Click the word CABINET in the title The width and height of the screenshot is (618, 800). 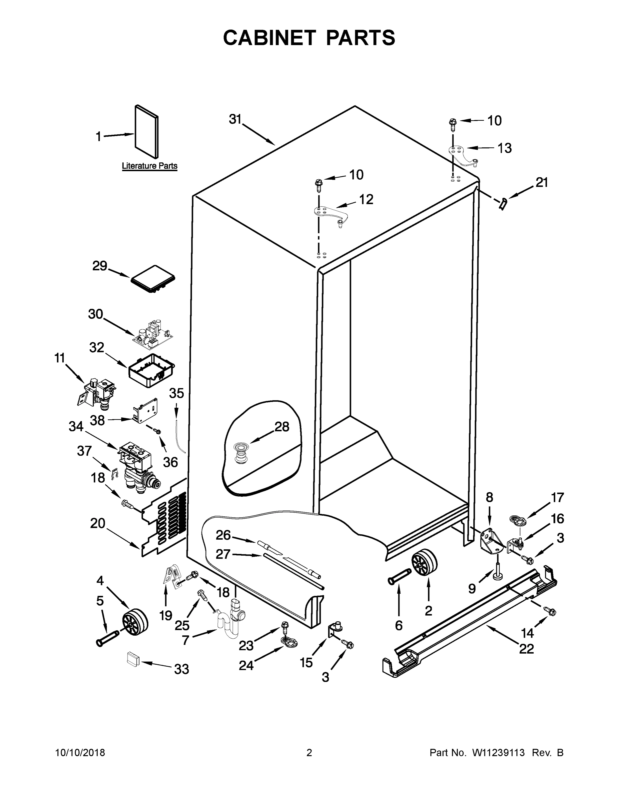[x=269, y=38]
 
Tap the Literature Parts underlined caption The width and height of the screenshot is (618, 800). [x=149, y=166]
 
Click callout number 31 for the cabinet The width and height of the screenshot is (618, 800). [x=235, y=119]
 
